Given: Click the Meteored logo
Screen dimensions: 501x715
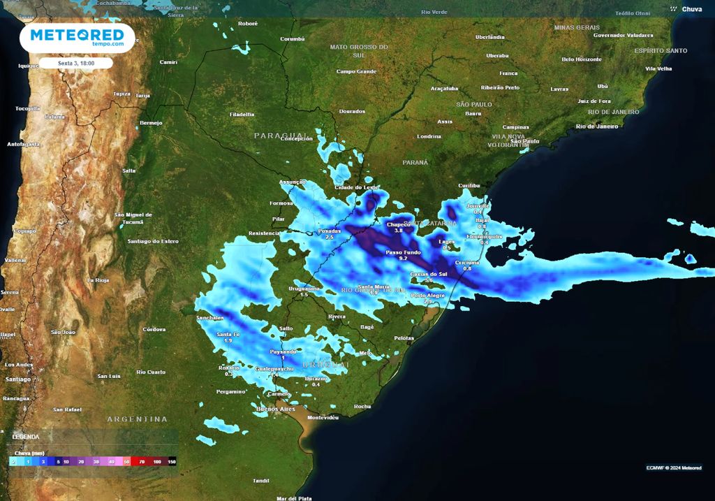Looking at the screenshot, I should pos(77,37).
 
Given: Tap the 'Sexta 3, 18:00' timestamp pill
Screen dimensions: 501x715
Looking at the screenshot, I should pos(76,63).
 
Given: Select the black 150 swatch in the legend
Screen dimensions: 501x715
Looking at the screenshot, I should pos(172,462).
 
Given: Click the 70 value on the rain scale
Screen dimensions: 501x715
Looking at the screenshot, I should pos(141,462).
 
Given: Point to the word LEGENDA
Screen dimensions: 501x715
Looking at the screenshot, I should pos(26,436).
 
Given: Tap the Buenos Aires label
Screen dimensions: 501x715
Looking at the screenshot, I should pos(277,408).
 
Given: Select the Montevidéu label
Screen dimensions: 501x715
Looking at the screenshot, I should pos(323,417).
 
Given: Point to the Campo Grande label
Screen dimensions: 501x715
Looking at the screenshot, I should pos(356,71).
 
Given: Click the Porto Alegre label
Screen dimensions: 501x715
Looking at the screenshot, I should pos(427,296).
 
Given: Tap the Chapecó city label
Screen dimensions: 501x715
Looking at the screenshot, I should pos(399,224).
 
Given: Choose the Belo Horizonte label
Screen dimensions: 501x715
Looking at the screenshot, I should pos(581,59).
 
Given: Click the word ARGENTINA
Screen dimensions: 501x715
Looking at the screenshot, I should pos(137,419).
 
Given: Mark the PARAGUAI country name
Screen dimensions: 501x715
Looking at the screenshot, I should pos(281,135).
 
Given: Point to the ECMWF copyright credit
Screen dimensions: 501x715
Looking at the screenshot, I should pos(674,467).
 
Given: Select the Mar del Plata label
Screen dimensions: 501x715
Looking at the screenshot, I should pos(294,498).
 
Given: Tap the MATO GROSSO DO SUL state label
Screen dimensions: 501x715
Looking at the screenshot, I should pos(359,50).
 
